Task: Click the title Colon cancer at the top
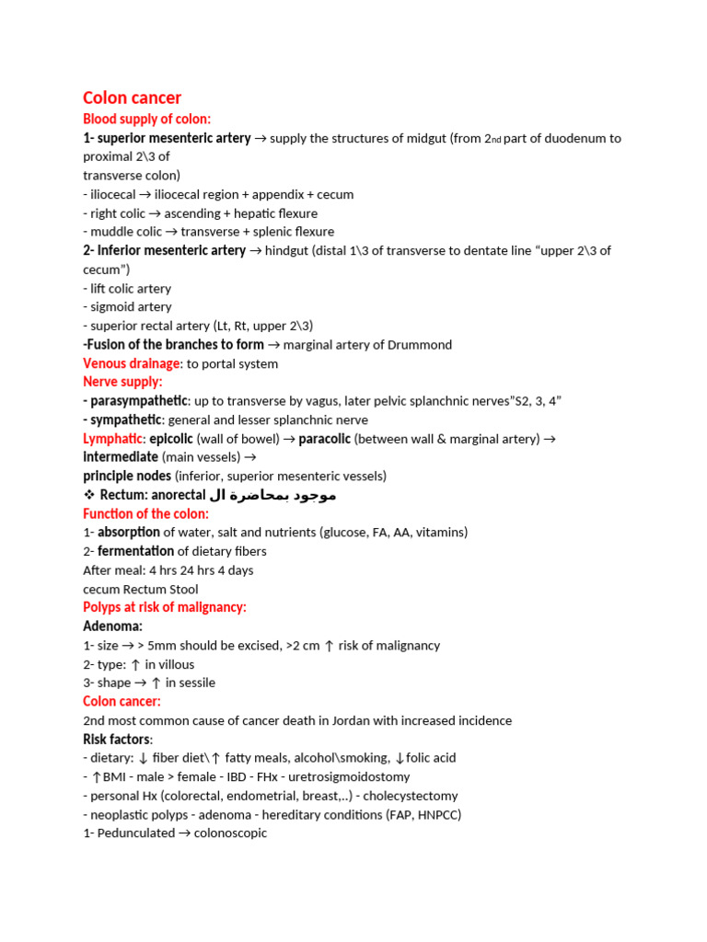point(132,98)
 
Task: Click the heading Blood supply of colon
point(146,119)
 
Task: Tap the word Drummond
point(422,345)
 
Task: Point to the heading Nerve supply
point(122,382)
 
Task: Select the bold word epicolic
point(170,439)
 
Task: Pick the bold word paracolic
point(324,439)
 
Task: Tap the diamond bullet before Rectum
point(88,495)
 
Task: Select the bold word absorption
point(129,532)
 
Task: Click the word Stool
point(180,589)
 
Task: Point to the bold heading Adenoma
point(112,626)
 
